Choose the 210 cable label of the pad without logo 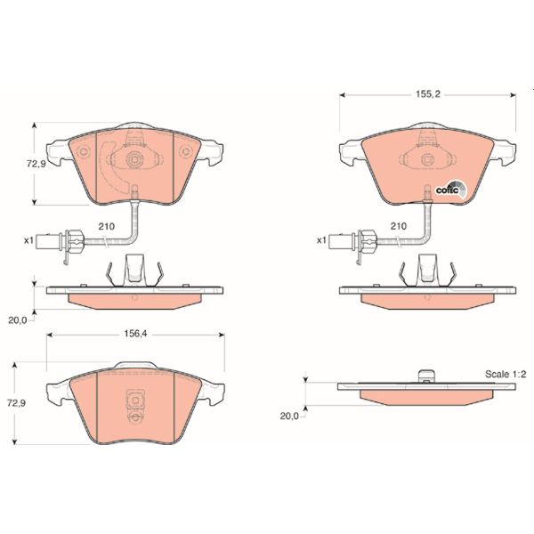(x=106, y=227)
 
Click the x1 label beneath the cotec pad (x=320, y=240)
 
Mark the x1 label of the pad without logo (x=28, y=240)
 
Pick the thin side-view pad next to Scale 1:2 (x=417, y=391)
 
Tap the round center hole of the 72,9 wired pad (x=134, y=161)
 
